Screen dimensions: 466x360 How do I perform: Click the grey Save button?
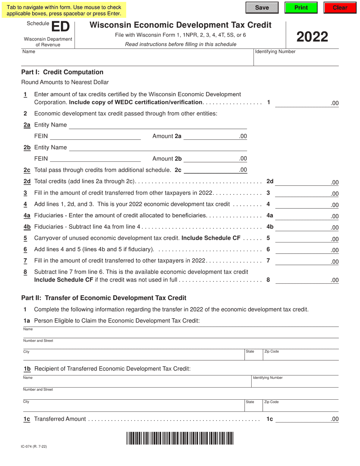(x=262, y=8)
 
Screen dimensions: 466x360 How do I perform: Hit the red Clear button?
(x=340, y=8)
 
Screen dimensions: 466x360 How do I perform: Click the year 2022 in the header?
(x=312, y=37)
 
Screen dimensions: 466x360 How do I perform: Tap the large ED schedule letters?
(x=61, y=27)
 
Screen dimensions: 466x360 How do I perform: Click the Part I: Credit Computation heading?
(x=62, y=72)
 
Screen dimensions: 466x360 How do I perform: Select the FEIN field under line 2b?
(x=95, y=159)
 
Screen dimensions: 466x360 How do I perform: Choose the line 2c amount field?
(x=211, y=170)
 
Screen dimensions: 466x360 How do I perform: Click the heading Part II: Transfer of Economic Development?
(x=104, y=298)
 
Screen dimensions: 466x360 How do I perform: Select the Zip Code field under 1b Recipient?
(x=300, y=406)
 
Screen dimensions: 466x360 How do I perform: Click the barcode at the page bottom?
(x=180, y=438)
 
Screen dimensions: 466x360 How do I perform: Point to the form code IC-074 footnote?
(x=34, y=447)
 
